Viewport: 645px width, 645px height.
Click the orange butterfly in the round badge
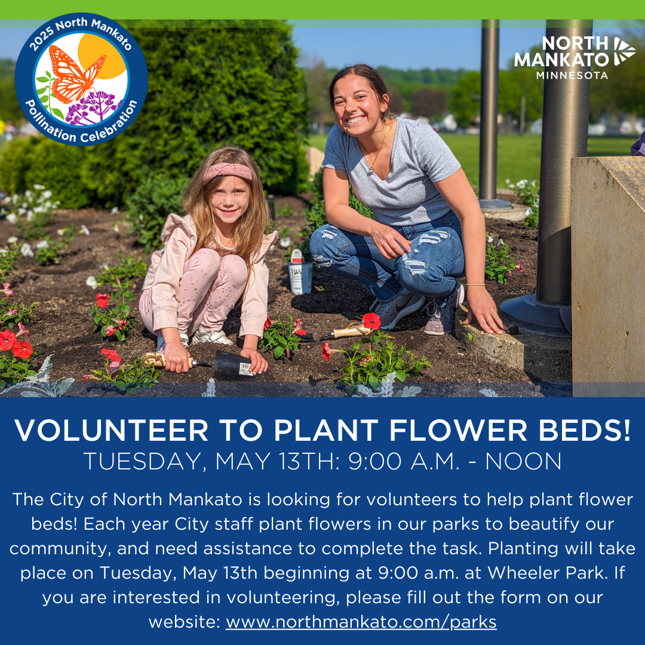[76, 74]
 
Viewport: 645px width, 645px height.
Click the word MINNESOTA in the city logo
[572, 75]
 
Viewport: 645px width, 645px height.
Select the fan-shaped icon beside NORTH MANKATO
[625, 51]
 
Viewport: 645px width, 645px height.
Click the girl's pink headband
[228, 171]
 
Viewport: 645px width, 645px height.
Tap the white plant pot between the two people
[300, 277]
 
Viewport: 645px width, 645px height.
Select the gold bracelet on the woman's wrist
[475, 284]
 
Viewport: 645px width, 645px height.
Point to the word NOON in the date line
[523, 461]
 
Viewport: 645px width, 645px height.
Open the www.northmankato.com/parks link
[361, 622]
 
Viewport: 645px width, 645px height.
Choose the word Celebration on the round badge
[109, 125]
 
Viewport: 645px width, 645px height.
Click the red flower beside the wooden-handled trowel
[371, 321]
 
